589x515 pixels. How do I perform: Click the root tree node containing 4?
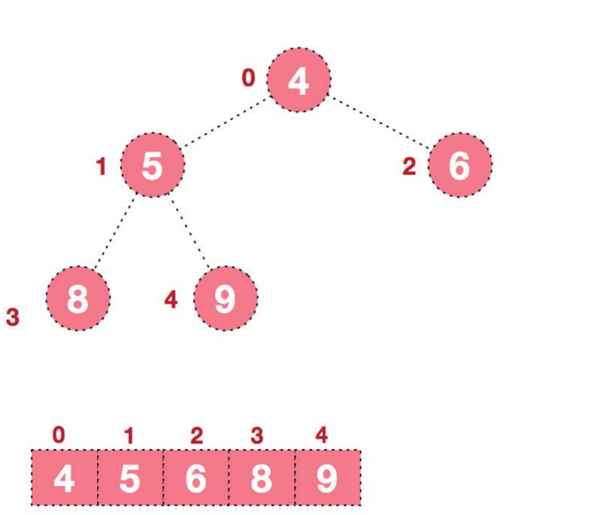(299, 80)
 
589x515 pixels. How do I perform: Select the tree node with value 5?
(153, 165)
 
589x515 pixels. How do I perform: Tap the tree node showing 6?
(459, 165)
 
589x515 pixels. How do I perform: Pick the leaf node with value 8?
(78, 299)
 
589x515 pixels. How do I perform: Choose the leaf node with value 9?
(225, 299)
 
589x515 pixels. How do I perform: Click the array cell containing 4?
(63, 478)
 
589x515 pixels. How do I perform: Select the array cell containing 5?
(130, 478)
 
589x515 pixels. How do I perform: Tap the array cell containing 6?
(196, 478)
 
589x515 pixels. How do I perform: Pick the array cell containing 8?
(262, 478)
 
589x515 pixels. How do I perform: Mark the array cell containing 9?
(327, 478)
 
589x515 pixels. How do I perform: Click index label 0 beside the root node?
(249, 78)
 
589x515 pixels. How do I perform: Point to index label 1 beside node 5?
(101, 166)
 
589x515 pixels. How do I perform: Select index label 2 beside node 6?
(408, 167)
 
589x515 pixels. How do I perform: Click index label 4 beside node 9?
(171, 300)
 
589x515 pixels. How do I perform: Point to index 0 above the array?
(58, 435)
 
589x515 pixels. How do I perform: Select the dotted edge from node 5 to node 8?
(115, 234)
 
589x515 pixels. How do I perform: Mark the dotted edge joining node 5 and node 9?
(190, 234)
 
